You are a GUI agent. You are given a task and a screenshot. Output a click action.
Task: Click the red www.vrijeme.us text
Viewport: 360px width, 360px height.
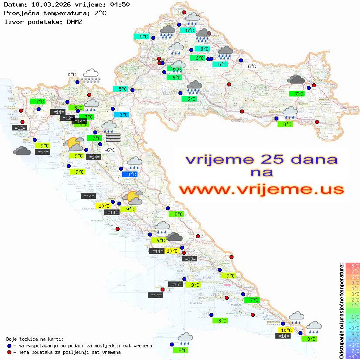[x=261, y=189]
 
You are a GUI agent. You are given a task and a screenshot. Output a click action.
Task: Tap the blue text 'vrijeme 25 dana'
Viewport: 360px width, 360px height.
[x=261, y=160]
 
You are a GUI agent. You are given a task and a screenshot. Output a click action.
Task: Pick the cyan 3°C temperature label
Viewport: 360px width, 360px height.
[x=121, y=115]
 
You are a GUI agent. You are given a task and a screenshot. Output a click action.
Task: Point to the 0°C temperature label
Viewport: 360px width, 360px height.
[x=72, y=75]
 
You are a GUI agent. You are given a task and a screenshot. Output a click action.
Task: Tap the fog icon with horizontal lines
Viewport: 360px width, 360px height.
[x=113, y=137]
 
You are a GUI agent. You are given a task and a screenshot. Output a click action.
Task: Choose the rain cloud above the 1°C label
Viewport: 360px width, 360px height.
[x=134, y=163]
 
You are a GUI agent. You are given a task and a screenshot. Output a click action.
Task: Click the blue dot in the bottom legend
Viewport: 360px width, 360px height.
[x=10, y=346]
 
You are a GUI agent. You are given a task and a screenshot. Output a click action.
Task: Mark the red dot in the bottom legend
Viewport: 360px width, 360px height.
[x=10, y=352]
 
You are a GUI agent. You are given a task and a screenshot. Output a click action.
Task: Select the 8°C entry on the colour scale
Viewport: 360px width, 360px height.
[x=352, y=265]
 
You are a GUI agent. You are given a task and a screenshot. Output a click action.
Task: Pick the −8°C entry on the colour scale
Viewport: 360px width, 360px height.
[x=352, y=356]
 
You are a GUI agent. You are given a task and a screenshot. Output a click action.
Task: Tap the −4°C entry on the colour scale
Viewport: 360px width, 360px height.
[x=352, y=333]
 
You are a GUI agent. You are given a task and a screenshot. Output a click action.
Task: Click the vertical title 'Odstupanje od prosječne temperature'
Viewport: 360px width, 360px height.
[x=342, y=311]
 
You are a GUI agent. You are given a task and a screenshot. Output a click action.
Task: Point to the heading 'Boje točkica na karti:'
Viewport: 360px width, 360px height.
[x=35, y=339]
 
